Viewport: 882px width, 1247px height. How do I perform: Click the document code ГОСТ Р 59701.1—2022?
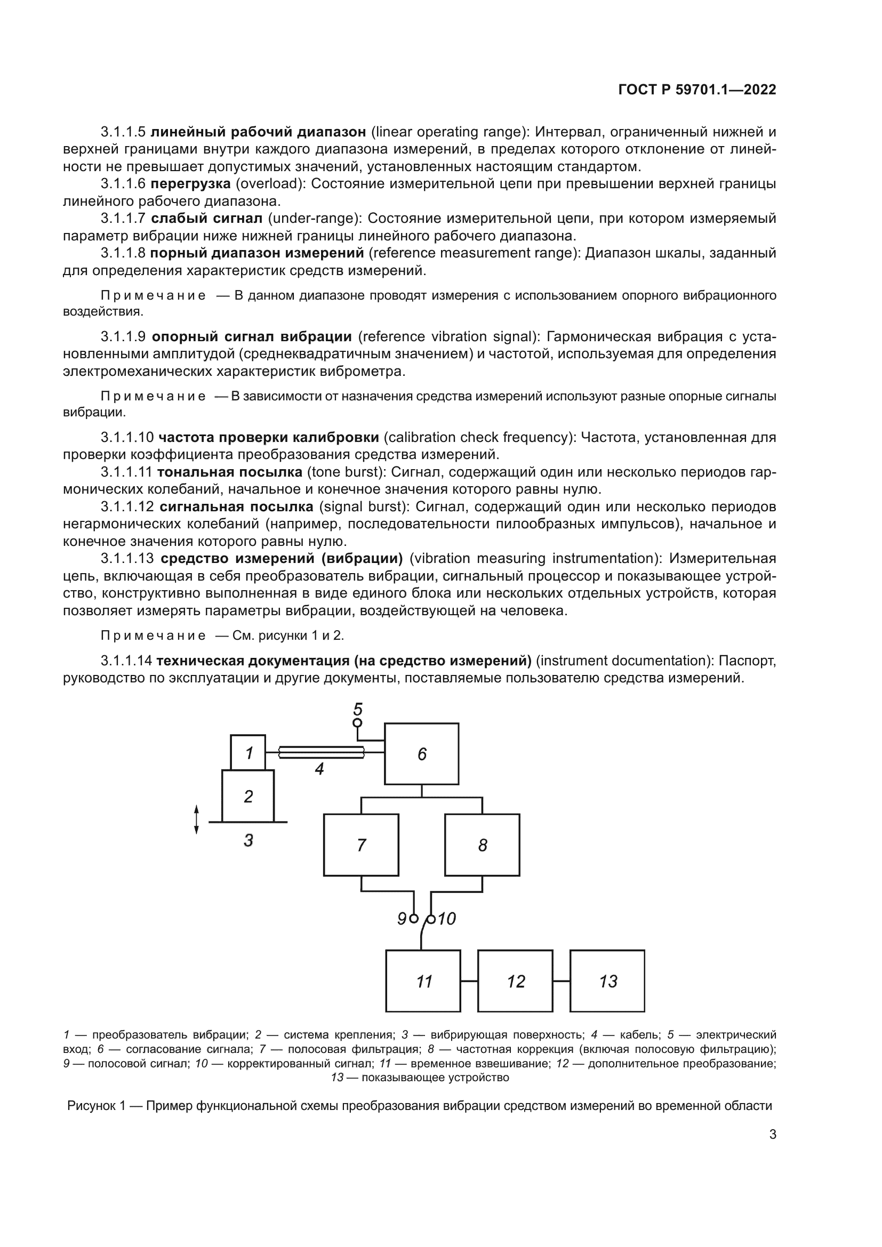pos(697,90)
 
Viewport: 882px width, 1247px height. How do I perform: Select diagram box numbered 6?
pos(421,754)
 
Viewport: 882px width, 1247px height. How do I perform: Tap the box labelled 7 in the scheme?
pos(360,844)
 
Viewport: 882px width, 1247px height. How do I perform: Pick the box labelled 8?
pos(482,844)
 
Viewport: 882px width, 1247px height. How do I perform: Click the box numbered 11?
pos(423,981)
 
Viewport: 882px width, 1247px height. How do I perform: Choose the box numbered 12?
pos(515,981)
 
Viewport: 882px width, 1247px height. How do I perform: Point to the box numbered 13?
pos(607,981)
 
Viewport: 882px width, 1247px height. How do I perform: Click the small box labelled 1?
pos(248,753)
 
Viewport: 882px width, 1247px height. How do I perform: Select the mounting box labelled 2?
pos(247,796)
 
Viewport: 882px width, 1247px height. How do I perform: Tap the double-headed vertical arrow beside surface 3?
pos(197,819)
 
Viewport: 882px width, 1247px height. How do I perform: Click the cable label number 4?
pos(319,769)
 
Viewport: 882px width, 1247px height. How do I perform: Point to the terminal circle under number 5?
pos(357,723)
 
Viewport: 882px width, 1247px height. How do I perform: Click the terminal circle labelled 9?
pos(414,919)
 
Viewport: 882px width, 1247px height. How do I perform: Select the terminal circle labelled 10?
pos(431,919)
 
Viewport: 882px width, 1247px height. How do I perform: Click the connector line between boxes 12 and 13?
pos(562,981)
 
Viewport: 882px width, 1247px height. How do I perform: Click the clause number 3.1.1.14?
pos(126,661)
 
